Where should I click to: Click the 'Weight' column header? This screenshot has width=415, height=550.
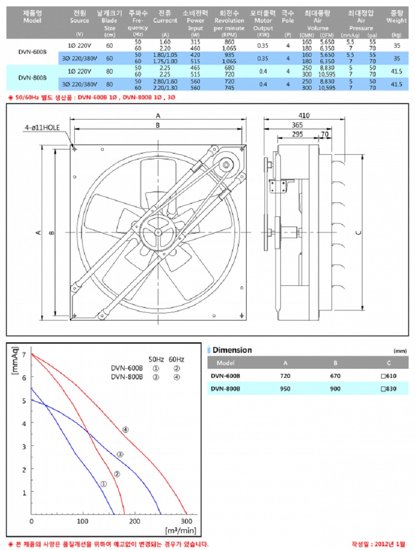pos(397,20)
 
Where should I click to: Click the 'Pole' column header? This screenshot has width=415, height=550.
pos(288,20)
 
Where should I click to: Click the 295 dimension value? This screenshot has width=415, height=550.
pos(297,134)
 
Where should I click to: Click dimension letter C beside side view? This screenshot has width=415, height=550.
pos(358,232)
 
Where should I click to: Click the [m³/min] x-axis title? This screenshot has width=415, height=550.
pos(180,530)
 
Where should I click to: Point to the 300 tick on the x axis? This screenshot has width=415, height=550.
pos(186,521)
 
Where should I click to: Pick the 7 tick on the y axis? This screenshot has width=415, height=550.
pos(24,354)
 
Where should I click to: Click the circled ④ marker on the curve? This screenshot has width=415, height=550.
pos(125,429)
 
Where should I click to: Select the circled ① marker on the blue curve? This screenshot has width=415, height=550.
pos(103,483)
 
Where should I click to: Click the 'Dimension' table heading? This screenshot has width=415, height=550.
pos(232,350)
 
